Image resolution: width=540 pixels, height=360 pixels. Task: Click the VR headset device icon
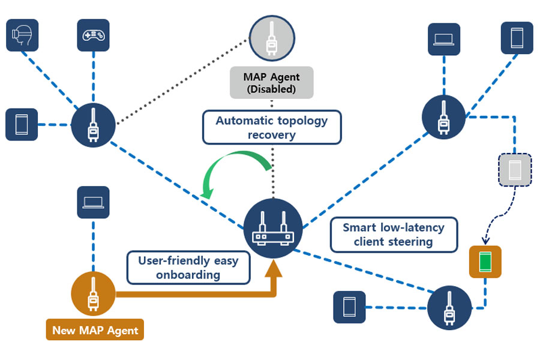[22, 35]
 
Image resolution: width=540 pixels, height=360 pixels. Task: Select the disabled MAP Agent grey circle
[272, 38]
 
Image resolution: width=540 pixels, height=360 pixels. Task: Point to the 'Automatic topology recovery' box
[272, 127]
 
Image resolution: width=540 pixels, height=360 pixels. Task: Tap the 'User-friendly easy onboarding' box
[188, 268]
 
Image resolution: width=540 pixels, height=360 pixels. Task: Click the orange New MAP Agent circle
[94, 294]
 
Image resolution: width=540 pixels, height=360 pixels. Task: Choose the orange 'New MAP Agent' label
[95, 330]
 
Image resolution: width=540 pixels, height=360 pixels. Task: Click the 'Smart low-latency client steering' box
[394, 235]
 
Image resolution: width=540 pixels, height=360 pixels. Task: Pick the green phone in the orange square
[485, 262]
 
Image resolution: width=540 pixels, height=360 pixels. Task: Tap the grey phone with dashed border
[515, 170]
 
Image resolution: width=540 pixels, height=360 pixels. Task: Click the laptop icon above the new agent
[93, 202]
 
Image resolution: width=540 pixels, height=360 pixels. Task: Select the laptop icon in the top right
[445, 39]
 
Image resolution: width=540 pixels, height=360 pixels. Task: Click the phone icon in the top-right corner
[517, 38]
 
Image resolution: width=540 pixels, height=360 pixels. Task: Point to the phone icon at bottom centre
[349, 307]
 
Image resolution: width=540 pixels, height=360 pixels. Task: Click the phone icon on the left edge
[22, 125]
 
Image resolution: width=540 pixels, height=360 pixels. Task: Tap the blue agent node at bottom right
[449, 308]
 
